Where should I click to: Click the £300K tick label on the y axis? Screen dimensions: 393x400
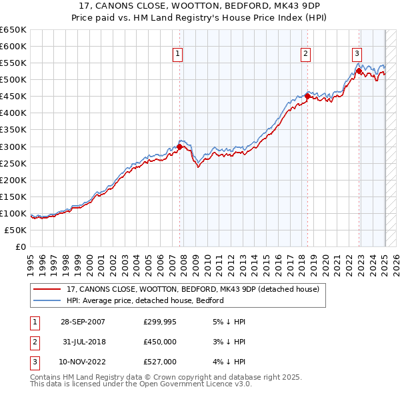(13, 147)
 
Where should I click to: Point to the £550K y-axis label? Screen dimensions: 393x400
(13, 63)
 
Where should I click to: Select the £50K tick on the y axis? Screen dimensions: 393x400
(15, 230)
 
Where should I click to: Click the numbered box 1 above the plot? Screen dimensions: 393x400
(179, 55)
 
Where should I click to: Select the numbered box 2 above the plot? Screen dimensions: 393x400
(305, 55)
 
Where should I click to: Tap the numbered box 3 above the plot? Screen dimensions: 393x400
(357, 55)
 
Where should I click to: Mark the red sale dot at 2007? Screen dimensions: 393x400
(180, 147)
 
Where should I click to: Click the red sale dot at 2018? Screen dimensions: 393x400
(307, 96)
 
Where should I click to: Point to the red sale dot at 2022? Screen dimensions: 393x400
(359, 70)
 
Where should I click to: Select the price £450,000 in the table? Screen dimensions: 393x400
(160, 342)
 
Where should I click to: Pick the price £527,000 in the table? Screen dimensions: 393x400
(160, 362)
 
